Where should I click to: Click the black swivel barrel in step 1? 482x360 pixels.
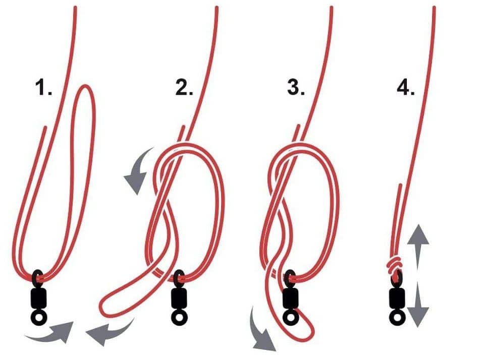[38, 297]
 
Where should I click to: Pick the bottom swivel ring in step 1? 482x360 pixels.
[39, 316]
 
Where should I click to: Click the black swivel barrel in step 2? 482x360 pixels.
[179, 297]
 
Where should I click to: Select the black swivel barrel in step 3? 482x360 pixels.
[290, 297]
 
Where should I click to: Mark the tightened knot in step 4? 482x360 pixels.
[395, 265]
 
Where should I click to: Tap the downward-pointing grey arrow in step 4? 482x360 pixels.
[418, 304]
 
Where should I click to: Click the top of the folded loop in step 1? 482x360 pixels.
[84, 86]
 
